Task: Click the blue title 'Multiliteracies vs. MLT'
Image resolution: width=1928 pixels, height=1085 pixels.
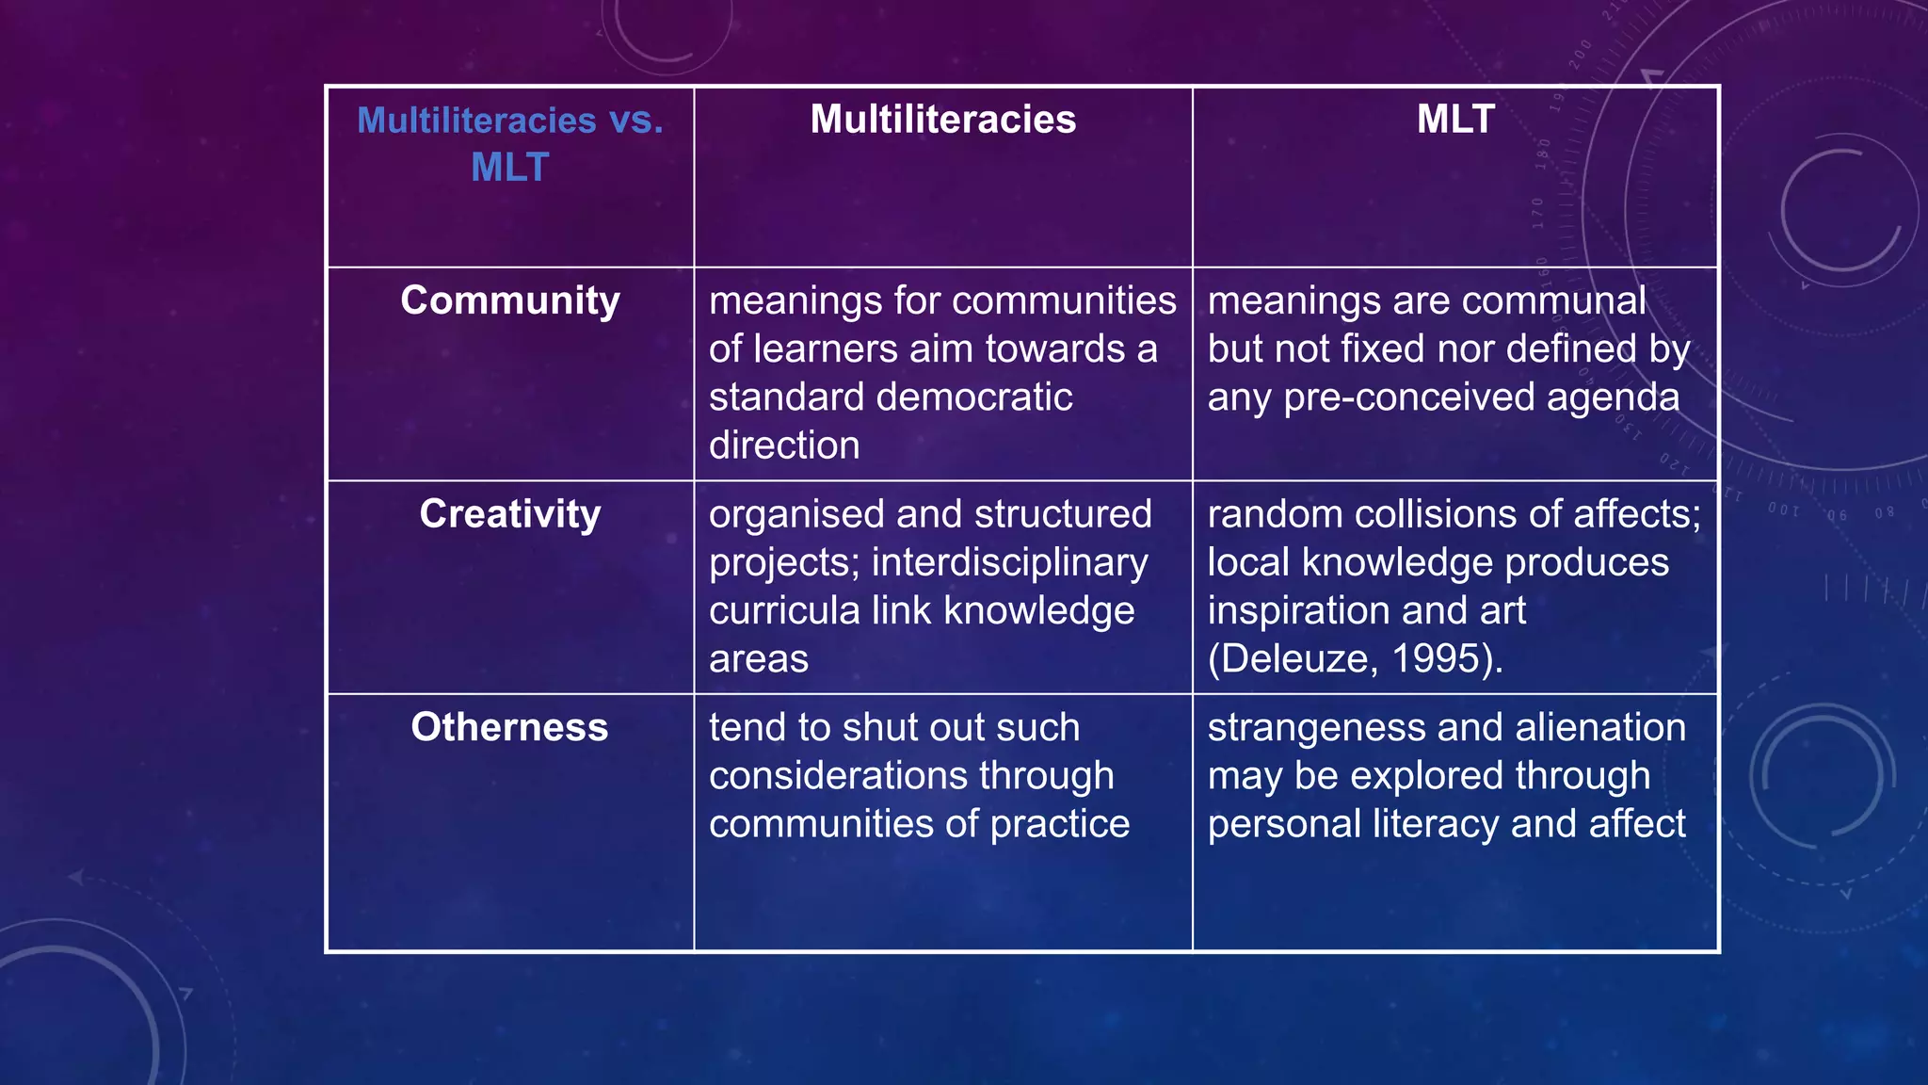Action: click(x=509, y=143)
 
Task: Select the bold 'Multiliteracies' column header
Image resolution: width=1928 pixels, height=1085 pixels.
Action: click(x=942, y=120)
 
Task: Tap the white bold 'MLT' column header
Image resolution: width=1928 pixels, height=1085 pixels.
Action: click(x=1454, y=120)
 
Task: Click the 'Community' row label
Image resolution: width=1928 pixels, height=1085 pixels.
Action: click(x=509, y=300)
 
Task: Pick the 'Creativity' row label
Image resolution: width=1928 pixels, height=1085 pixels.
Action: click(x=509, y=514)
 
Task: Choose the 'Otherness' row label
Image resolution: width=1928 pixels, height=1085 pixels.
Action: click(x=509, y=727)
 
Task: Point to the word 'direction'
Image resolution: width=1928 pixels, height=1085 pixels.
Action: click(x=784, y=445)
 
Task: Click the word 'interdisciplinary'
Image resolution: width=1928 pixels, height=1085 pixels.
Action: click(x=1009, y=562)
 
